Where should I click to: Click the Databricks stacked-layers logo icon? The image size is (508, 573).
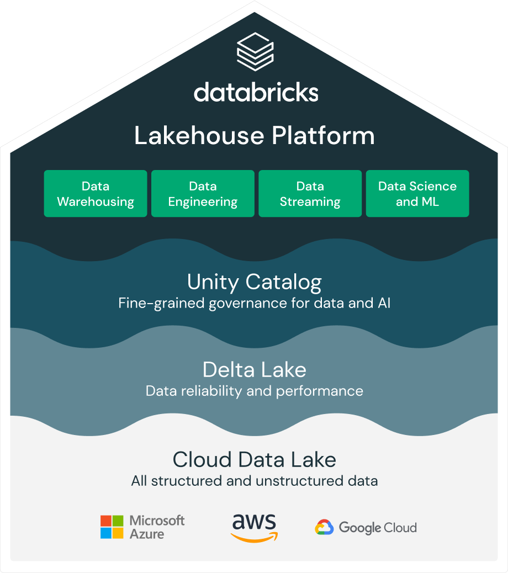[255, 50]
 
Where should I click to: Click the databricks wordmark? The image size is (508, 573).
[256, 92]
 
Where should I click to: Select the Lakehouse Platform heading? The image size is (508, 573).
[255, 136]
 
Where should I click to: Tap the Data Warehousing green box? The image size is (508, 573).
[96, 193]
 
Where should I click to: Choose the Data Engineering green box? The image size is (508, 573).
[203, 193]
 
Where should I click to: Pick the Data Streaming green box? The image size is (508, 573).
[310, 193]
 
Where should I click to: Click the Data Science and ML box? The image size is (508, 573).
[417, 193]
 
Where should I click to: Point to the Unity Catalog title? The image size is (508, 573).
[255, 282]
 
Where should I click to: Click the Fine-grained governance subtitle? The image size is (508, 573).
[255, 303]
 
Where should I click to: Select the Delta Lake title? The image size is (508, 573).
[255, 369]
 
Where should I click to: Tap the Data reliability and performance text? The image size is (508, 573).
[255, 391]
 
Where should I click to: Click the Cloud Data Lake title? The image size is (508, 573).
[255, 459]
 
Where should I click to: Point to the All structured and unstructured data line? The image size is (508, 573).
[255, 481]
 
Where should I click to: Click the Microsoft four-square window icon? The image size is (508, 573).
[112, 527]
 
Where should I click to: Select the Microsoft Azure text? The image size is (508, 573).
[157, 527]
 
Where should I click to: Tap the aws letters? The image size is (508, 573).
[254, 522]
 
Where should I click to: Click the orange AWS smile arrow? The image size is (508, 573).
[254, 537]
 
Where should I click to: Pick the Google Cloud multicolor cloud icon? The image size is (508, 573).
[324, 528]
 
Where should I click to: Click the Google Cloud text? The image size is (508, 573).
[378, 528]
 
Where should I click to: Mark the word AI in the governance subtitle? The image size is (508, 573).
[384, 303]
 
